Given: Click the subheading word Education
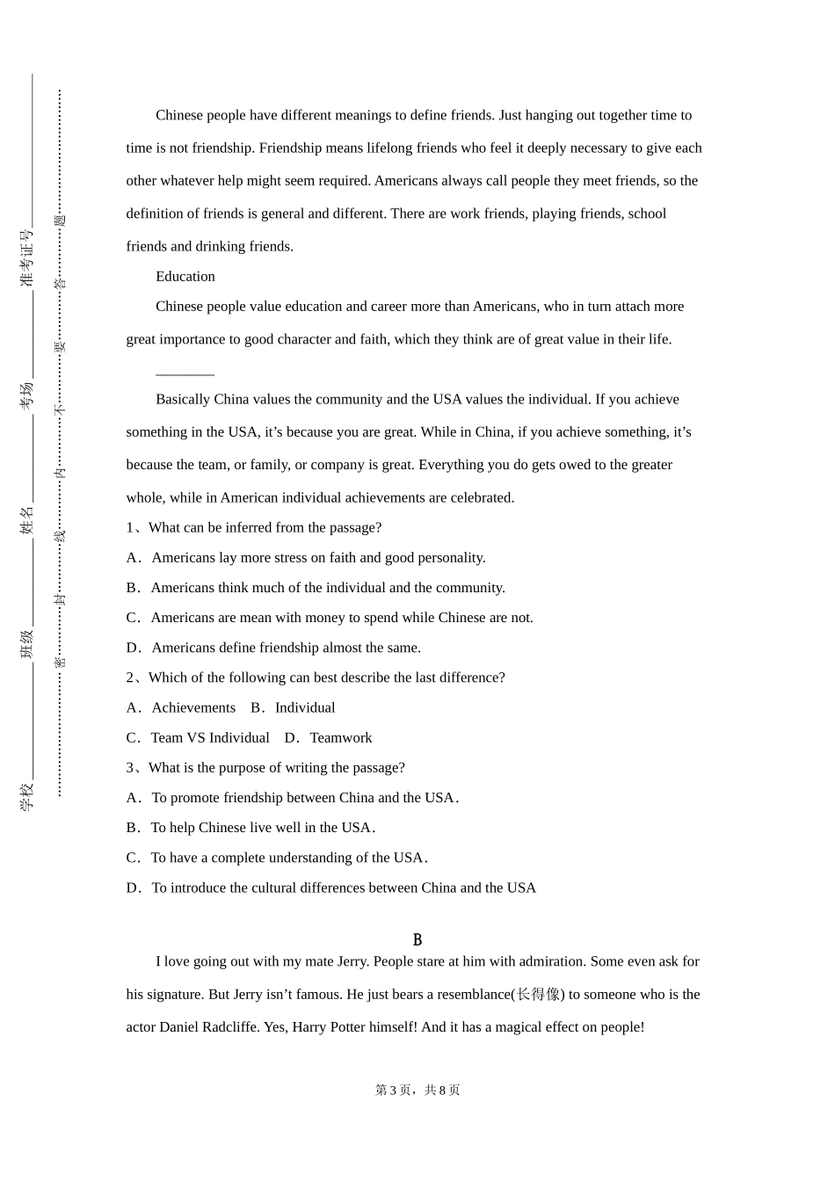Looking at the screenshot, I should (x=185, y=277).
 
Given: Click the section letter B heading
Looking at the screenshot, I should (x=417, y=940).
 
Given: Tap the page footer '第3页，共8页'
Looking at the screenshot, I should (x=417, y=1090).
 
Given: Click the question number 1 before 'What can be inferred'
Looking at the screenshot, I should (x=130, y=528).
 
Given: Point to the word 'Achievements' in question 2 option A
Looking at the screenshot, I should (x=193, y=708).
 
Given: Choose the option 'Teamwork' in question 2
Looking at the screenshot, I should (x=341, y=738).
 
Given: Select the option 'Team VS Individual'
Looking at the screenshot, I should (x=210, y=738).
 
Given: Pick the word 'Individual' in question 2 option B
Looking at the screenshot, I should (x=305, y=708).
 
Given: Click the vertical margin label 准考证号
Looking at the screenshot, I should (x=27, y=257).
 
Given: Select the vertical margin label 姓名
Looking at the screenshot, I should (x=27, y=519).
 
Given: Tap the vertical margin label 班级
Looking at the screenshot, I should (x=27, y=643).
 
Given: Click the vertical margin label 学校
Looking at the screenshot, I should (x=27, y=796).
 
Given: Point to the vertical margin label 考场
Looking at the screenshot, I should (x=27, y=395).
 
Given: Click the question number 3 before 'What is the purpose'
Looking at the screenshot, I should (x=130, y=768).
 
